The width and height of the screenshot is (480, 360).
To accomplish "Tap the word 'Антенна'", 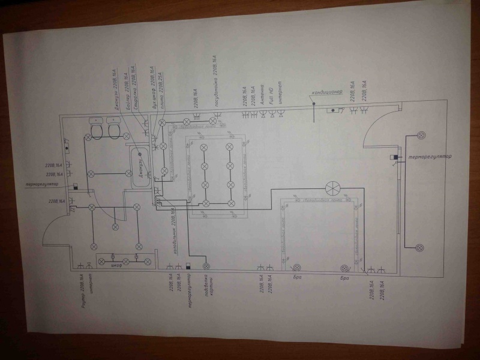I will click(262, 99).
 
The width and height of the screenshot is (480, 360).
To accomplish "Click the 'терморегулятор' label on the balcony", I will click(429, 158).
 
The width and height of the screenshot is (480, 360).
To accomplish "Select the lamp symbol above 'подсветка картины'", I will click(206, 266).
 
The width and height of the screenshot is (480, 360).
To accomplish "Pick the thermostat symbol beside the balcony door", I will click(392, 158).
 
